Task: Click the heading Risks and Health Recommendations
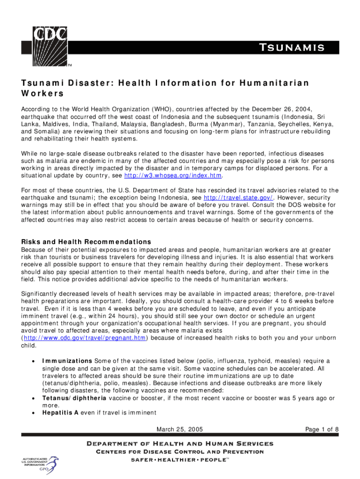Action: [x=86, y=242]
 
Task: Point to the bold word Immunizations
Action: [x=67, y=361]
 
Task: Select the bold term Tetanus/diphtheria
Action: [x=74, y=398]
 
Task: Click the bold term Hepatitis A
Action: [x=60, y=413]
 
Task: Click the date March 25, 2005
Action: [x=180, y=429]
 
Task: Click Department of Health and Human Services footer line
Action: [x=180, y=443]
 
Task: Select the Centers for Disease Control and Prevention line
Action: [x=180, y=452]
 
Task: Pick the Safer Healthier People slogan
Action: [x=180, y=460]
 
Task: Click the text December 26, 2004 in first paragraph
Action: [x=273, y=106]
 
